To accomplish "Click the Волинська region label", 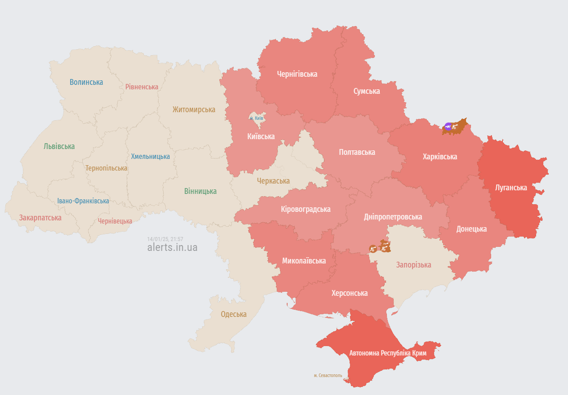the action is pyautogui.click(x=86, y=82).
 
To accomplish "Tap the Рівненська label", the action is pyautogui.click(x=142, y=87).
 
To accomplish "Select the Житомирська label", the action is pyautogui.click(x=194, y=109).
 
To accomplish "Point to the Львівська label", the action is pyautogui.click(x=59, y=146).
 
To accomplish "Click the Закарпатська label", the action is pyautogui.click(x=40, y=218).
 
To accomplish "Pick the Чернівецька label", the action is pyautogui.click(x=115, y=221).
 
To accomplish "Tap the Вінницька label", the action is pyautogui.click(x=200, y=191).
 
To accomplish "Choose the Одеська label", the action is pyautogui.click(x=234, y=314).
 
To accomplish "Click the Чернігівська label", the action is pyautogui.click(x=297, y=74).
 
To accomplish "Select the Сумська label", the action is pyautogui.click(x=367, y=91).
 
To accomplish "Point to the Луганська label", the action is pyautogui.click(x=511, y=188).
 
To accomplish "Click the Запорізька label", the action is pyautogui.click(x=413, y=265).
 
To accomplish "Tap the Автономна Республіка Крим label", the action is pyautogui.click(x=388, y=353).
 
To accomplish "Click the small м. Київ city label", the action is pyautogui.click(x=257, y=118).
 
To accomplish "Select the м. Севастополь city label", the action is pyautogui.click(x=328, y=375).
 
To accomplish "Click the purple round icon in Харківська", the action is pyautogui.click(x=448, y=127).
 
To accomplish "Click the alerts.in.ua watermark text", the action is pyautogui.click(x=172, y=247).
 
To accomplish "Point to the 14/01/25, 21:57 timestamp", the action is pyautogui.click(x=165, y=239).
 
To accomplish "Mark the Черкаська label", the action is pyautogui.click(x=273, y=181).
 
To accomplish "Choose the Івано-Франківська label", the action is pyautogui.click(x=83, y=201).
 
